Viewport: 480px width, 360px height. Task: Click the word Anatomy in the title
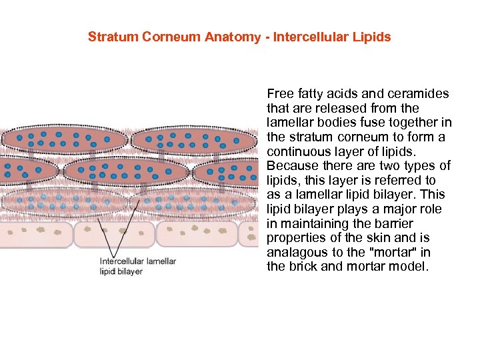tap(235, 37)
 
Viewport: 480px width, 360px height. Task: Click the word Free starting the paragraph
tap(279, 93)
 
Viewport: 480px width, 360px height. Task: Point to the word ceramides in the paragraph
tap(421, 93)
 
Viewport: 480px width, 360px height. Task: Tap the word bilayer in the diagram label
tap(130, 272)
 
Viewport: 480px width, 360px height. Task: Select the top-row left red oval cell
tap(64, 140)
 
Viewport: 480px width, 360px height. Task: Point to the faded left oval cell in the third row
tap(63, 201)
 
